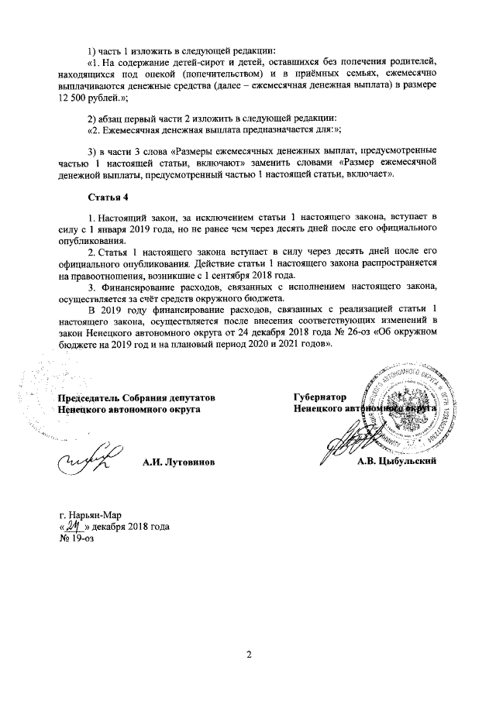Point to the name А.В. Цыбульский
[x=397, y=462]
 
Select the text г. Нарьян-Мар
[x=90, y=515]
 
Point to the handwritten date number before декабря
[x=74, y=526]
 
